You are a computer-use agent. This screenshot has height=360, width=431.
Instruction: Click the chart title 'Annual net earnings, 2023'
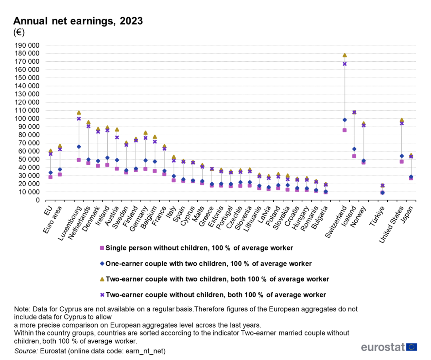pyautogui.click(x=78, y=21)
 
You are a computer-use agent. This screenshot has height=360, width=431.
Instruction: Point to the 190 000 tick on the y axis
pyautogui.click(x=27, y=45)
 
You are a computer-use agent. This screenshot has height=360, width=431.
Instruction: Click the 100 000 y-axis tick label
pyautogui.click(x=27, y=119)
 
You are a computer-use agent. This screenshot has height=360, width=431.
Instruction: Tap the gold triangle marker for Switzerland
pyautogui.click(x=345, y=55)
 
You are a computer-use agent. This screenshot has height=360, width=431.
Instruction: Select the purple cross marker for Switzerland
pyautogui.click(x=345, y=64)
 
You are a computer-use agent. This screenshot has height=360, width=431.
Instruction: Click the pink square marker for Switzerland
pyautogui.click(x=345, y=130)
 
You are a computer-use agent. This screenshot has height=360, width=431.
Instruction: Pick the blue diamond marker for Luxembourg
pyautogui.click(x=79, y=147)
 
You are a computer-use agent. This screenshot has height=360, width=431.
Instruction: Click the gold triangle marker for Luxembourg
pyautogui.click(x=79, y=113)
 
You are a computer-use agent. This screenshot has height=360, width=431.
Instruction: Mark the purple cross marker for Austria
pyautogui.click(x=117, y=137)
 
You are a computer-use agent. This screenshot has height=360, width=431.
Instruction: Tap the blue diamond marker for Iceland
pyautogui.click(x=354, y=149)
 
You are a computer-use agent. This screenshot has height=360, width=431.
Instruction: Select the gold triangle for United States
pyautogui.click(x=402, y=120)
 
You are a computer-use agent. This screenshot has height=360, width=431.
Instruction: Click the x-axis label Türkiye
pyautogui.click(x=377, y=216)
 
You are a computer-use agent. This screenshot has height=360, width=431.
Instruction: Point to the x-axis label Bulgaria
pyautogui.click(x=320, y=217)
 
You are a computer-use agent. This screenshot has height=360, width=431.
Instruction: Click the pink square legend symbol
pyautogui.click(x=102, y=248)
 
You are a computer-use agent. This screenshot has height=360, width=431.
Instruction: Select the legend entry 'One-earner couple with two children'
pyautogui.click(x=208, y=263)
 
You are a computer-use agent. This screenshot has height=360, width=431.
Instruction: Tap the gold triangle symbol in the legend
pyautogui.click(x=102, y=279)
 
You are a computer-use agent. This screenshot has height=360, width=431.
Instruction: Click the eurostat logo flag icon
pyautogui.click(x=412, y=347)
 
